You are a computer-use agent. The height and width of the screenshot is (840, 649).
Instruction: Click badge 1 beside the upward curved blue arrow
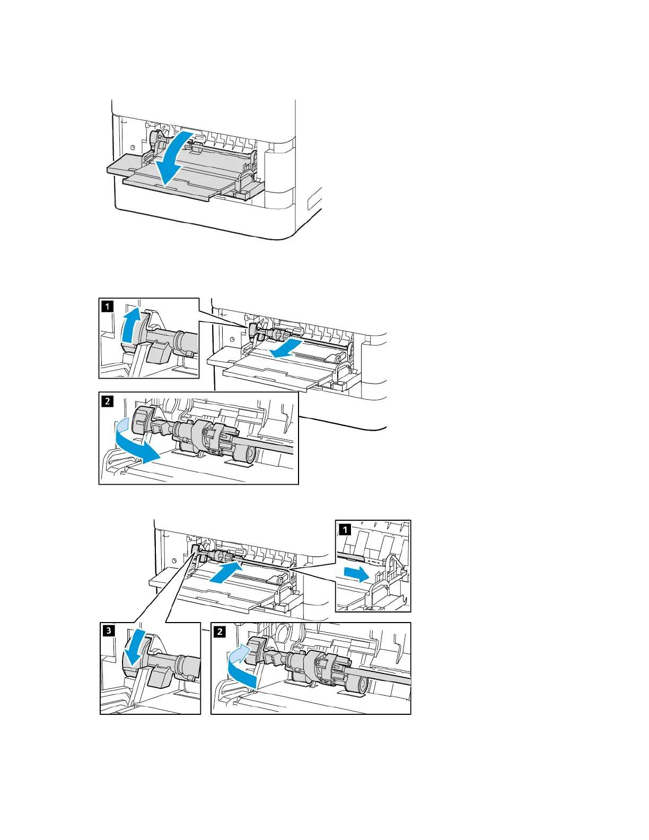pyautogui.click(x=107, y=306)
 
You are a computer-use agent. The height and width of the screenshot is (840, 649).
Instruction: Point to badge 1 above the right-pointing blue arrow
pyautogui.click(x=344, y=529)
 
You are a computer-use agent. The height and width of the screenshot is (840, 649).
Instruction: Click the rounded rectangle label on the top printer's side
pyautogui.click(x=313, y=200)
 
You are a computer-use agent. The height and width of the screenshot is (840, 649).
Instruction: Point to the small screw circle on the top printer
pyautogui.click(x=132, y=147)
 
